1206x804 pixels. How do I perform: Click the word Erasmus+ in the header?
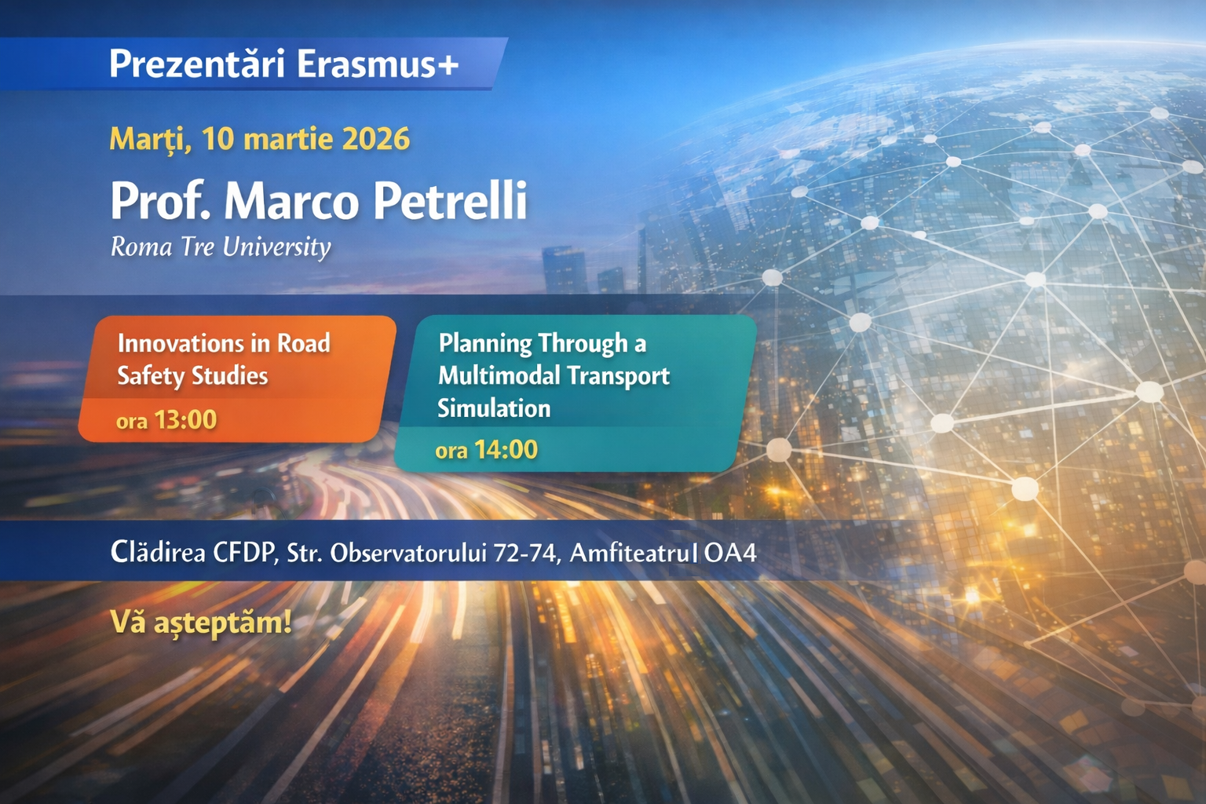(x=378, y=64)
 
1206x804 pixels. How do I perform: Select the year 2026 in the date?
(x=376, y=139)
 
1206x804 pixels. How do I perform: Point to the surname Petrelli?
(x=450, y=201)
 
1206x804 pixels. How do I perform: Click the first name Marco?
(x=291, y=202)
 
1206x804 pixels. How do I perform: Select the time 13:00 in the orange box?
(x=185, y=419)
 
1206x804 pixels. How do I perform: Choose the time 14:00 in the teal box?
(x=506, y=450)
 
